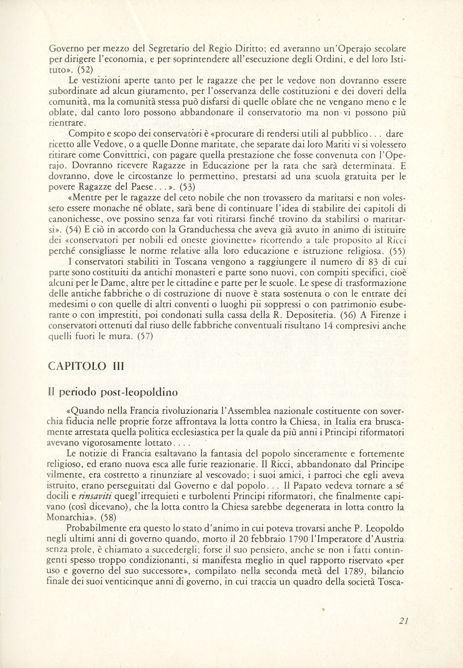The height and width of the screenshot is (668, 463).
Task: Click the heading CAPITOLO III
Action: tap(87, 366)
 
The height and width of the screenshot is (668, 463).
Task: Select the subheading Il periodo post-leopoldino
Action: tap(113, 392)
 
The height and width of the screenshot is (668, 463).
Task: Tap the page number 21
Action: tap(403, 620)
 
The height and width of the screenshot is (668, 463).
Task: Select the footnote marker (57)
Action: tap(142, 336)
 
